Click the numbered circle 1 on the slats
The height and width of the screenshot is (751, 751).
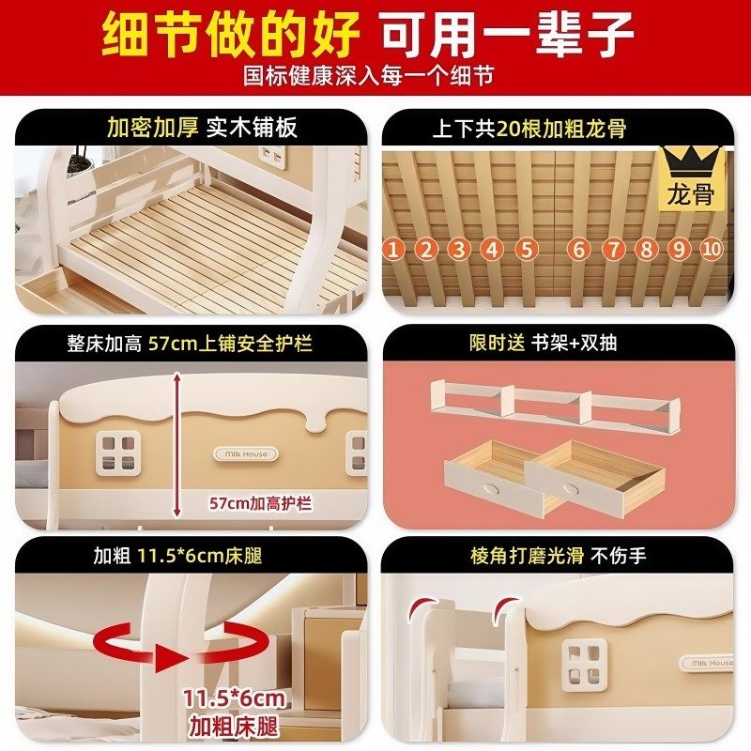tap(392, 249)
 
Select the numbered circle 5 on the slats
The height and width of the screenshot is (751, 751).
tap(526, 249)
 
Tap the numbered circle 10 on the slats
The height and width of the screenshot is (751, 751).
tap(712, 249)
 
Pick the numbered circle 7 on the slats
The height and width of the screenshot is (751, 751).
tap(612, 249)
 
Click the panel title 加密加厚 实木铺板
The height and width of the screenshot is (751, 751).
tap(202, 127)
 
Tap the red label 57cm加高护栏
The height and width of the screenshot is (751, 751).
tap(260, 503)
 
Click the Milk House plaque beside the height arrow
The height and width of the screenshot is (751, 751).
tap(245, 453)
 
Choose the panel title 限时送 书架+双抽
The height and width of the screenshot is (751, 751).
tap(544, 343)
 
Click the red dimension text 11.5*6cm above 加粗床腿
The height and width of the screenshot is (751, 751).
tap(236, 699)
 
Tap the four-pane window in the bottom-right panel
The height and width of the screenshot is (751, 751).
tap(582, 662)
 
